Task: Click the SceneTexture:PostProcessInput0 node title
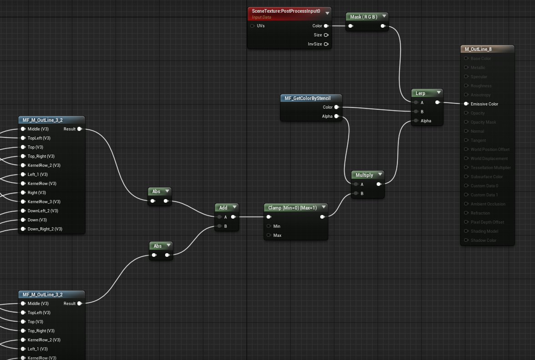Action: click(286, 11)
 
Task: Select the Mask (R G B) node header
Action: click(363, 17)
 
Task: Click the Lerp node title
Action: click(420, 93)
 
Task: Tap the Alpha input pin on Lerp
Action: click(416, 121)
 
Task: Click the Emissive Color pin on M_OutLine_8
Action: click(466, 104)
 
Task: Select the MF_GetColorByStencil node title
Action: click(308, 98)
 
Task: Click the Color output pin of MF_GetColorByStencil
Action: click(336, 107)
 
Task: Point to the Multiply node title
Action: click(364, 175)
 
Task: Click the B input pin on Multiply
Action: click(356, 194)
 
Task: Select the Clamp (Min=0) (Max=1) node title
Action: click(292, 208)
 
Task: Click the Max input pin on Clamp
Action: click(269, 235)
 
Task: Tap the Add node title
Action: click(223, 208)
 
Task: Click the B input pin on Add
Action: click(219, 226)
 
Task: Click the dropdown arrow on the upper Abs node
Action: click(167, 191)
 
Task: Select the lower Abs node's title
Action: click(157, 246)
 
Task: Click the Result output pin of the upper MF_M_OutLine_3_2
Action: click(80, 129)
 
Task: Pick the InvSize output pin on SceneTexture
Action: click(326, 44)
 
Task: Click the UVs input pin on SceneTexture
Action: click(252, 26)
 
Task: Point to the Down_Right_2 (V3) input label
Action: click(45, 229)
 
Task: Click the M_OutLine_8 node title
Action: click(478, 49)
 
